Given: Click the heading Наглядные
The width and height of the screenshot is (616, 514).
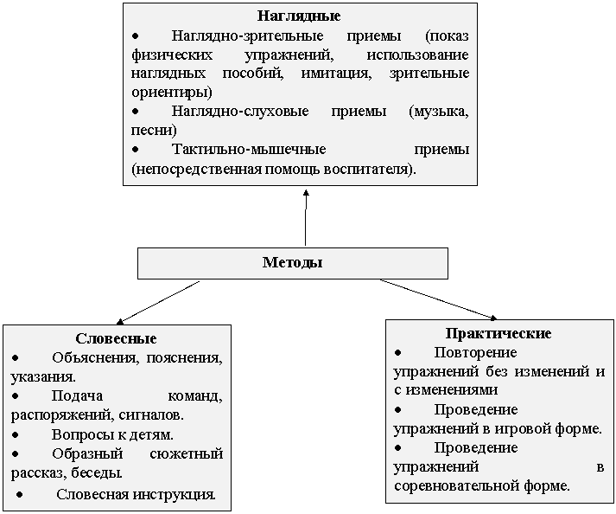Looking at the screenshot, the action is pyautogui.click(x=299, y=16).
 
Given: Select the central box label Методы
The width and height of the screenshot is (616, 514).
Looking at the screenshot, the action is pyautogui.click(x=293, y=262).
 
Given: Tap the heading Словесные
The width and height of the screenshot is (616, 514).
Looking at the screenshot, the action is pyautogui.click(x=116, y=338).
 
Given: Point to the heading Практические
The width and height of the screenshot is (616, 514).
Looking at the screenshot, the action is pyautogui.click(x=499, y=333).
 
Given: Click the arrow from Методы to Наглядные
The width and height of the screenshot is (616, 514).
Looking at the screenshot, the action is pyautogui.click(x=306, y=218).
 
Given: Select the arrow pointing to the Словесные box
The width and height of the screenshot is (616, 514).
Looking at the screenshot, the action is pyautogui.click(x=158, y=302).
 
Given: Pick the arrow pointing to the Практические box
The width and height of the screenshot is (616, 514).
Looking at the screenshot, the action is pyautogui.click(x=438, y=299).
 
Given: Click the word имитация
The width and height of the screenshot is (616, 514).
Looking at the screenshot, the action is pyautogui.click(x=337, y=74).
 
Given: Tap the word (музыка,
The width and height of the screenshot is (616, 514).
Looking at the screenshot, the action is pyautogui.click(x=439, y=112).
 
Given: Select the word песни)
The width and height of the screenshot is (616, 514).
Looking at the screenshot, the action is pyautogui.click(x=154, y=131).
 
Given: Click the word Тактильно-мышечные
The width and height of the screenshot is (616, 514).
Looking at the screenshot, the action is pyautogui.click(x=249, y=150).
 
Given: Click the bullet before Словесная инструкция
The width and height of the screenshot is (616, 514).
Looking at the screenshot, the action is pyautogui.click(x=20, y=495).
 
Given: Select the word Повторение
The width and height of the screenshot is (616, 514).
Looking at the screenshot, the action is pyautogui.click(x=475, y=352).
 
